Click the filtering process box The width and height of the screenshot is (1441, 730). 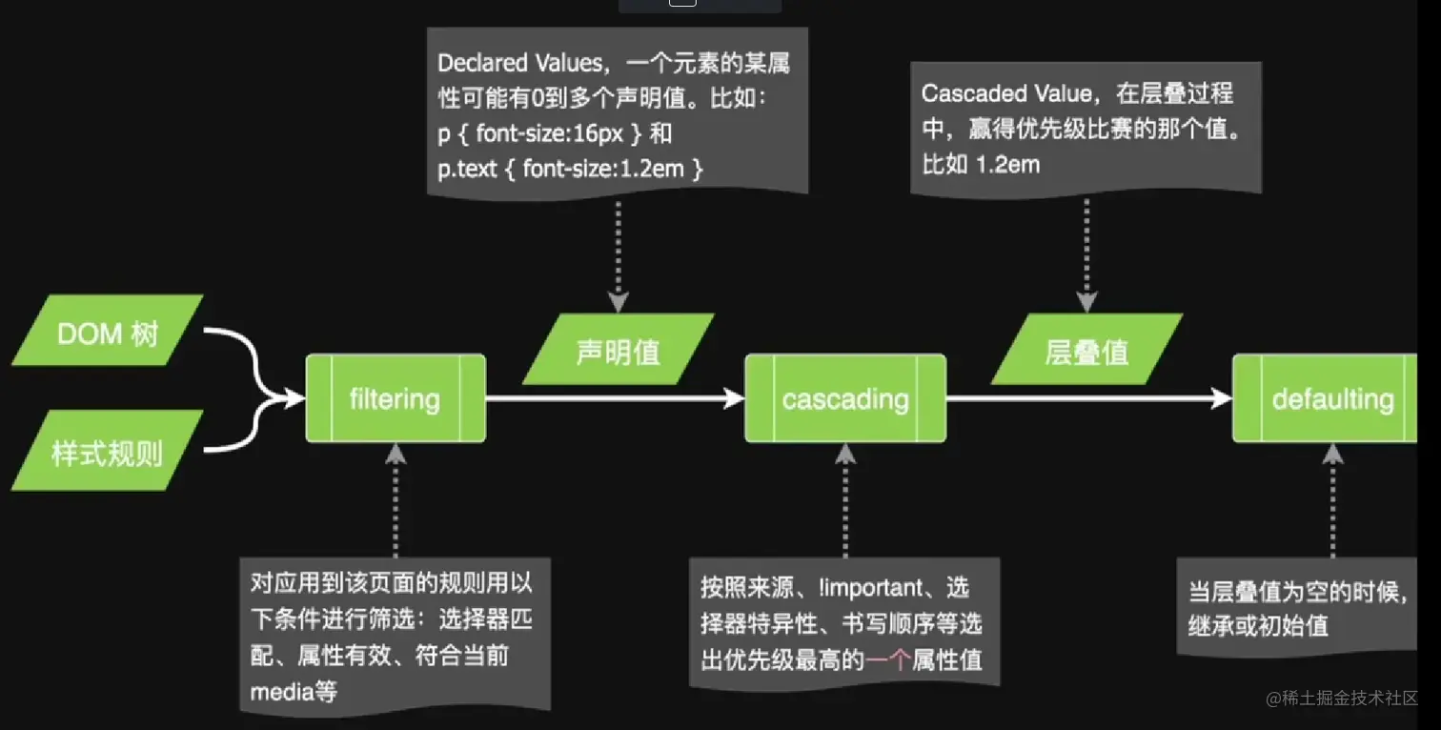(x=395, y=398)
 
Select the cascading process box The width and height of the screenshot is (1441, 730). (x=845, y=398)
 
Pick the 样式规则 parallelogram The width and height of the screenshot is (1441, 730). (x=107, y=452)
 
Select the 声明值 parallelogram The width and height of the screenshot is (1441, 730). (x=618, y=352)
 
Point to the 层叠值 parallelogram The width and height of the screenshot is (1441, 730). (x=1086, y=352)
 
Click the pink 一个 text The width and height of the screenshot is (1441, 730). (x=888, y=659)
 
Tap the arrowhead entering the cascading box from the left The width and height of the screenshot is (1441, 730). (x=735, y=398)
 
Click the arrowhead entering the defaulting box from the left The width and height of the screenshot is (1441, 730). (x=1223, y=398)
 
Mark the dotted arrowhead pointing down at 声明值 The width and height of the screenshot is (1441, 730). (x=618, y=303)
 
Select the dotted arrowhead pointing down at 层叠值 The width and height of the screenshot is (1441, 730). (x=1086, y=303)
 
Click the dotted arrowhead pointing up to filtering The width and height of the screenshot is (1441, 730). (x=395, y=455)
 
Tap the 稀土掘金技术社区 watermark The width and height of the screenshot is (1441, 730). (x=1342, y=699)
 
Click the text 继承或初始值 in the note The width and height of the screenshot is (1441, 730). (x=1258, y=626)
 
